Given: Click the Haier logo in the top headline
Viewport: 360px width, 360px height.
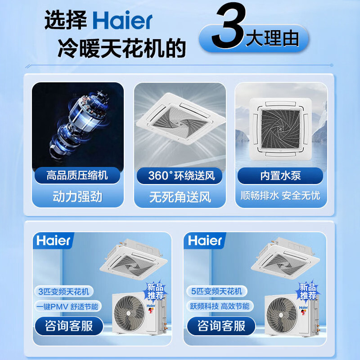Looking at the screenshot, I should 123,21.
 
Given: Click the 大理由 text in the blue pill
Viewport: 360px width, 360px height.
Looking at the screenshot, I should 272,39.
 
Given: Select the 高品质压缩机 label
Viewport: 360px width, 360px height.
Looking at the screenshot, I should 77,175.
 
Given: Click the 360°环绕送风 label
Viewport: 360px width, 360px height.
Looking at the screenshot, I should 179,175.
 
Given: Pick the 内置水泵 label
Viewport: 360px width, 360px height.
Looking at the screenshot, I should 280,175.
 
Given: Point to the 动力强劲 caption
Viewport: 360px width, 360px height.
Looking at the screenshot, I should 77,196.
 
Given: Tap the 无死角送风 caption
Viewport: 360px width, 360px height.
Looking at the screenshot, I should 180,197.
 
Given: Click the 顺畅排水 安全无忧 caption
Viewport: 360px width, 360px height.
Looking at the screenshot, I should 280,197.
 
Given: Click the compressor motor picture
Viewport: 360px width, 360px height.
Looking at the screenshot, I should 77,124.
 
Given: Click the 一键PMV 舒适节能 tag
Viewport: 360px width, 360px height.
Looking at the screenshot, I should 67,307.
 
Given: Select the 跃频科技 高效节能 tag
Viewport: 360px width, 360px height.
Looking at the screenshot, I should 219,307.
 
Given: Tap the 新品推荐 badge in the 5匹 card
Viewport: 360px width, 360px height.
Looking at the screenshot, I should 308,291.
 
